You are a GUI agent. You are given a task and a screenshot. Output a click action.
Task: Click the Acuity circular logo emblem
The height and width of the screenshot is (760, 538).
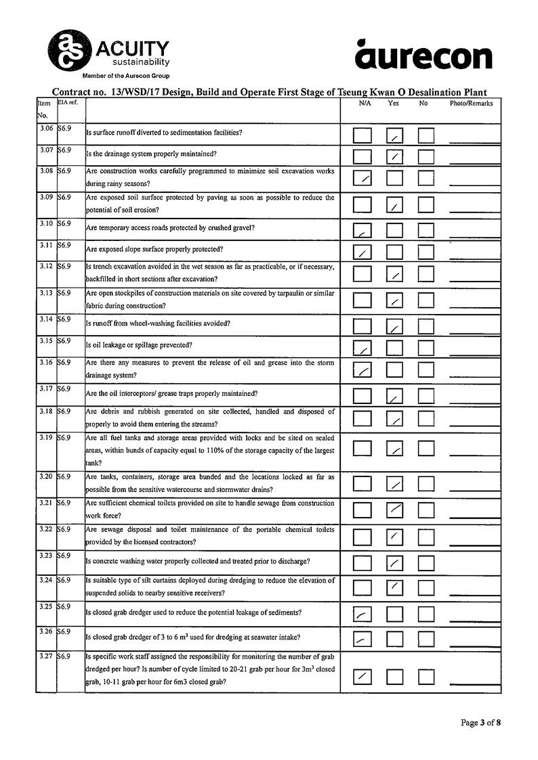coord(67,50)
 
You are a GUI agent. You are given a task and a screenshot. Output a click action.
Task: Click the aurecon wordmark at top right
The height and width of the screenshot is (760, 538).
coord(423,55)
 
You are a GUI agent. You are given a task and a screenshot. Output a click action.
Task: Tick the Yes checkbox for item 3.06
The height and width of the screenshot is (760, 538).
coord(394,135)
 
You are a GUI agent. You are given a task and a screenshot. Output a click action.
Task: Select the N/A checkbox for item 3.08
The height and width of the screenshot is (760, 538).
coord(363,179)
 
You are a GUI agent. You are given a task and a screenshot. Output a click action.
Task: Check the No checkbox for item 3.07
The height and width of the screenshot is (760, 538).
coord(426,157)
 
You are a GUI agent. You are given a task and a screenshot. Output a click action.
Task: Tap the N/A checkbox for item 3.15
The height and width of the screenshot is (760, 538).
coord(363,348)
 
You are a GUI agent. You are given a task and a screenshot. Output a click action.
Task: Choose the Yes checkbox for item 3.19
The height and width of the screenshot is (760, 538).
coord(394,448)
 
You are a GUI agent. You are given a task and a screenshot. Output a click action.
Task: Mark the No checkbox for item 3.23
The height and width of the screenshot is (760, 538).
coord(426,562)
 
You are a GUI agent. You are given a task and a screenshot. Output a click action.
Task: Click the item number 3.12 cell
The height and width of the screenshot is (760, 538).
coord(46,267)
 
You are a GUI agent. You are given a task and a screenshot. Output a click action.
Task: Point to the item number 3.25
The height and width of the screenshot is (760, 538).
coord(46,606)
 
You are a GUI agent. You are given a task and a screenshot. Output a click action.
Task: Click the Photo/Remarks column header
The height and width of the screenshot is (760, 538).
coord(471,104)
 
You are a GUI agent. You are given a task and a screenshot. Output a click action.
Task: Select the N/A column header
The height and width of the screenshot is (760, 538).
coord(365,104)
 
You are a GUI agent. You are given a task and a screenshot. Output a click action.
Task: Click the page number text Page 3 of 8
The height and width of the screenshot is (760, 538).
coord(480,723)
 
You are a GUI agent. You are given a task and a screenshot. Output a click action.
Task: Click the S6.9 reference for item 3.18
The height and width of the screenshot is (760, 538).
coord(65,411)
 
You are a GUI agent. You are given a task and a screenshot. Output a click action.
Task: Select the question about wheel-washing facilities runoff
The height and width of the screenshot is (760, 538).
coord(159,323)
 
